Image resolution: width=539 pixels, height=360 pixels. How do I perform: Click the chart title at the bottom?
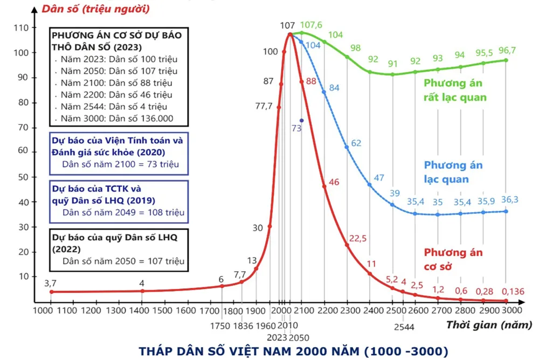point(294,351)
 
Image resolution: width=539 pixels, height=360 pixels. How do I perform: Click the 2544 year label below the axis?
point(403,327)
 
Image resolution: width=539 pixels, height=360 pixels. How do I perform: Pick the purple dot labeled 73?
point(301,120)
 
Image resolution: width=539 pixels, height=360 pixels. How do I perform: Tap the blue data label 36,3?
point(509,199)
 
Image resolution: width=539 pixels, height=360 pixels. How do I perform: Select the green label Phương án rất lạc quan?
point(455,90)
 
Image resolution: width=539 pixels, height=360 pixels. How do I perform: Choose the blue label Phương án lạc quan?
point(453,172)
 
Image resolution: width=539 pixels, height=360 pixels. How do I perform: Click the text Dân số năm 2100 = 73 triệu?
point(121,164)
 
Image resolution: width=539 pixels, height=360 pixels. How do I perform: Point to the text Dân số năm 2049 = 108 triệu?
point(123,212)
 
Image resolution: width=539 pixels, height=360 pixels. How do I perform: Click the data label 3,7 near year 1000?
point(50,283)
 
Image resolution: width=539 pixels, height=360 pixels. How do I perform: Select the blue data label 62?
point(356,143)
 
